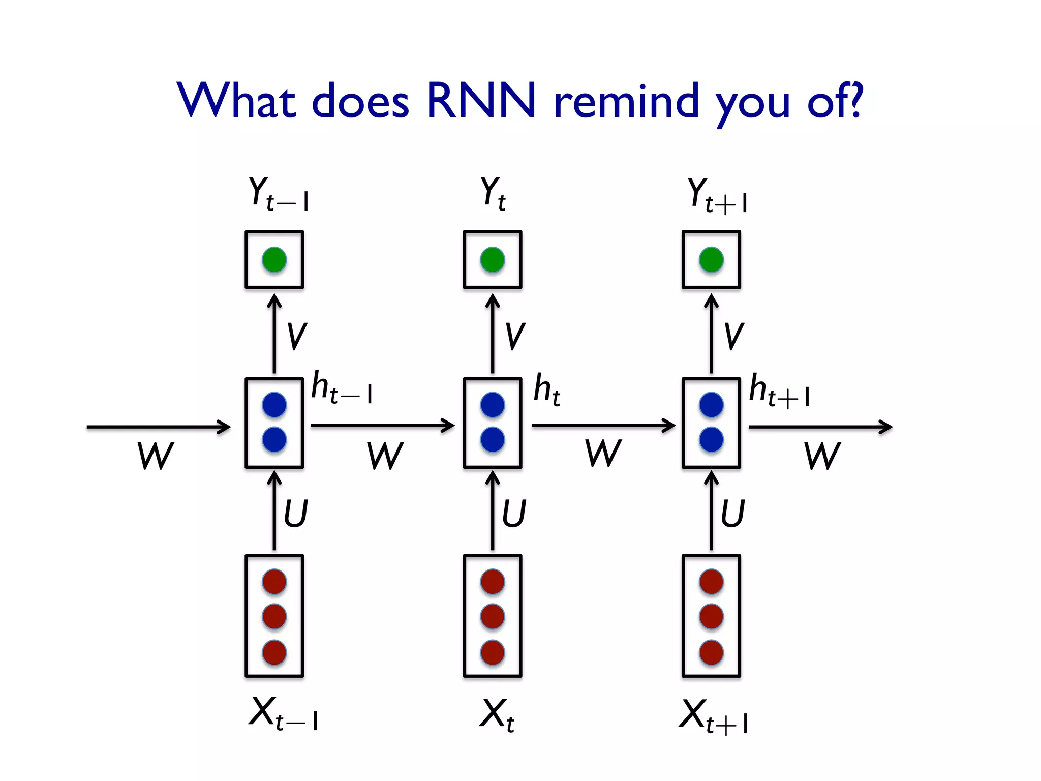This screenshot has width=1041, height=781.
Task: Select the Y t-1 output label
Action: (279, 194)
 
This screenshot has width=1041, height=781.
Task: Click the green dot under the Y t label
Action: (493, 260)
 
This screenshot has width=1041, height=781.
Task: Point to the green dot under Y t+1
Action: (711, 260)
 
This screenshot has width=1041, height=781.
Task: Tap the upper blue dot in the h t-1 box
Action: (274, 405)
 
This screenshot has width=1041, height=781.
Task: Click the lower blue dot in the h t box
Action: (493, 439)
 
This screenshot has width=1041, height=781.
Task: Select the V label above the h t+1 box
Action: (733, 336)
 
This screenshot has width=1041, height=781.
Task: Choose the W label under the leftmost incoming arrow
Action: (156, 456)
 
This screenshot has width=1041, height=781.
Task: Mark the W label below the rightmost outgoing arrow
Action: (822, 456)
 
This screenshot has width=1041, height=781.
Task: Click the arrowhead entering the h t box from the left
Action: (448, 426)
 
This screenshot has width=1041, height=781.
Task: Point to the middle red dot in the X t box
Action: (493, 616)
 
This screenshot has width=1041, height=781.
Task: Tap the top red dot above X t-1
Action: (274, 581)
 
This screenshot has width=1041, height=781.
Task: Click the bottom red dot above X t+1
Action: (711, 652)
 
